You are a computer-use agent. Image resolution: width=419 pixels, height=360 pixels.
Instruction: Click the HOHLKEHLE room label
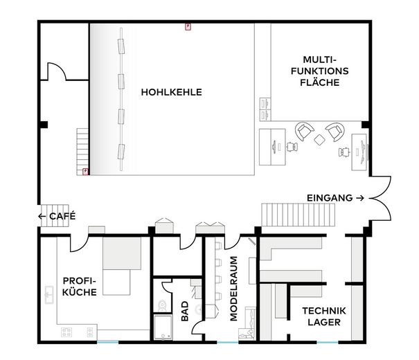tap(171, 92)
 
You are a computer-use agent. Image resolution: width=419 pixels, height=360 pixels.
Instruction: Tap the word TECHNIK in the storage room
tap(324, 311)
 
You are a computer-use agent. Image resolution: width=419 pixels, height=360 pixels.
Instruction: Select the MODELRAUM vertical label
tap(233, 289)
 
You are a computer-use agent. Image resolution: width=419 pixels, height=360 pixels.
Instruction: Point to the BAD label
tap(185, 311)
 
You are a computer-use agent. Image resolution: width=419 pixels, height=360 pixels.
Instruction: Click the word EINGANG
tap(330, 198)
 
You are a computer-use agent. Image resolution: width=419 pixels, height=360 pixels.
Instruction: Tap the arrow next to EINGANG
tap(360, 198)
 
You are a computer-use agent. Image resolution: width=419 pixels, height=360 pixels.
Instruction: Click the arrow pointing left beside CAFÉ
tap(42, 216)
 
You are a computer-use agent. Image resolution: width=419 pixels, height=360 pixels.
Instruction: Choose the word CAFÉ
tap(62, 215)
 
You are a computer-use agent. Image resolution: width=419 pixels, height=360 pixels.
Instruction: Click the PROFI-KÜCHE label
tap(80, 287)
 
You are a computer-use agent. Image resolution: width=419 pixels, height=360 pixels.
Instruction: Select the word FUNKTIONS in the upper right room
tap(319, 71)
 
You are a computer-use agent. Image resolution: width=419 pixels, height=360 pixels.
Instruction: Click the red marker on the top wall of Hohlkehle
tap(188, 27)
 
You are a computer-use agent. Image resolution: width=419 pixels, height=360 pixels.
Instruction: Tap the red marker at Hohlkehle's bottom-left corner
tap(85, 172)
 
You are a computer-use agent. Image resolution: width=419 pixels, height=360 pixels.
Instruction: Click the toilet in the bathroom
tap(162, 305)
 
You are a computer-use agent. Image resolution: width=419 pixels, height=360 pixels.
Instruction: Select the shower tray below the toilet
tap(163, 327)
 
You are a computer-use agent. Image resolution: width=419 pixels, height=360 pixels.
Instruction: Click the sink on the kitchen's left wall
tap(49, 295)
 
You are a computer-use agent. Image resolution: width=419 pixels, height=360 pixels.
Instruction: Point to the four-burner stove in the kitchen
tap(66, 332)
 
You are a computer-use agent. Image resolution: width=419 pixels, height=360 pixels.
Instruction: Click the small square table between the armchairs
tap(319, 140)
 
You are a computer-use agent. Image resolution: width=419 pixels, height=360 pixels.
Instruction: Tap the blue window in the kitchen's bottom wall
tap(107, 342)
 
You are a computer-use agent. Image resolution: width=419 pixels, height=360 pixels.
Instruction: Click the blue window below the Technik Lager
tap(328, 342)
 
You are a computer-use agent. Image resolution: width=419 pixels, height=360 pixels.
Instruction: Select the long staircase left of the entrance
tap(298, 215)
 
